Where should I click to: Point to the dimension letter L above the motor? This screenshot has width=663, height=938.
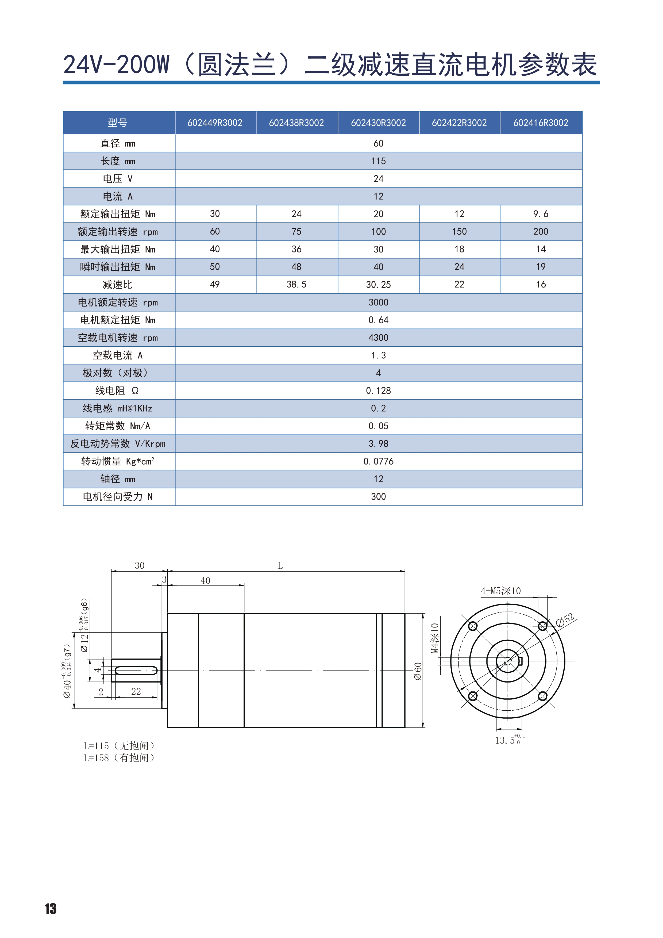(280, 566)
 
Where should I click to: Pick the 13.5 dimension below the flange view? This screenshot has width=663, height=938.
(506, 740)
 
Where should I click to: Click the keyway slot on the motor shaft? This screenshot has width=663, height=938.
(136, 671)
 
